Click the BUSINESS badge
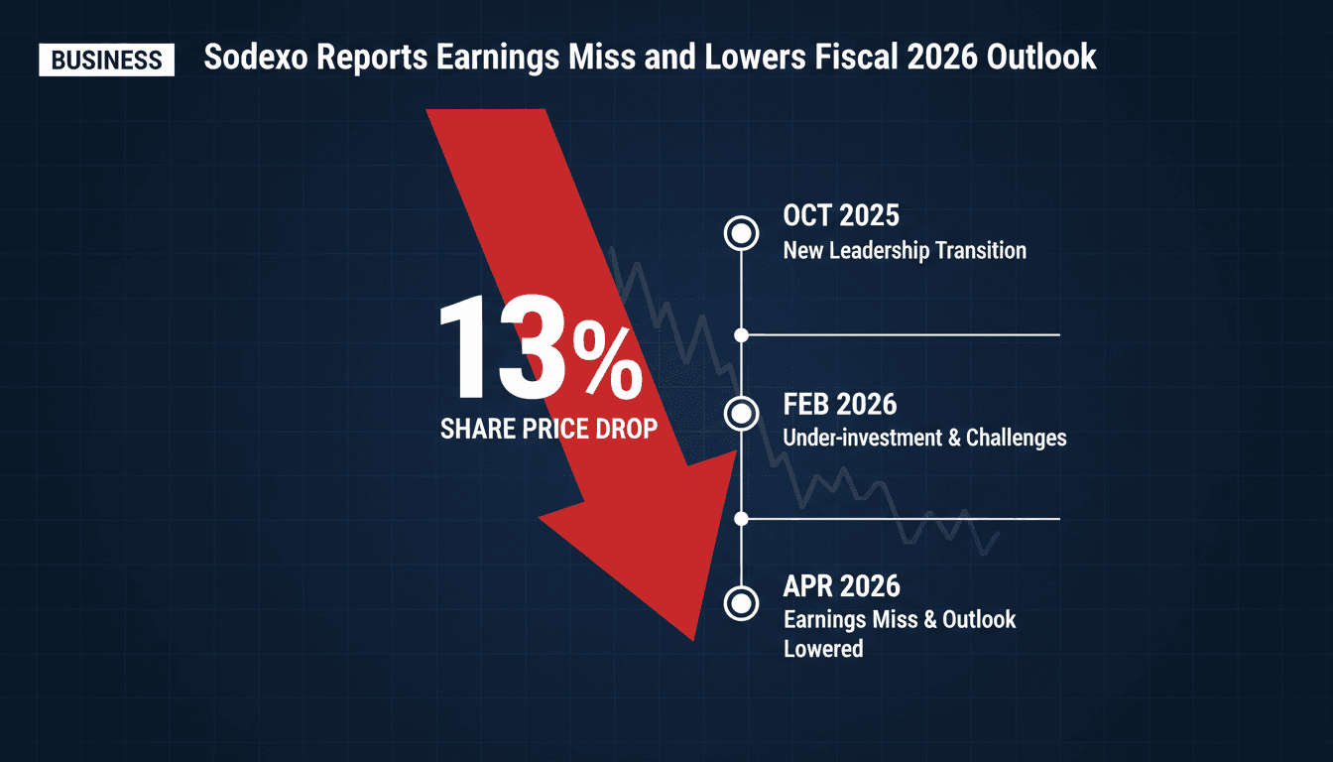(106, 60)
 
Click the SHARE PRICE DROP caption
(548, 430)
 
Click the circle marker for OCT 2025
(741, 234)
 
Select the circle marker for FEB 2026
(741, 413)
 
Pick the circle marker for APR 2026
(741, 602)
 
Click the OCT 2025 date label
(841, 216)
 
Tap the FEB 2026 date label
(839, 405)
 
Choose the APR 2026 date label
(840, 586)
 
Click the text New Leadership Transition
(905, 250)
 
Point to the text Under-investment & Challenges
(924, 437)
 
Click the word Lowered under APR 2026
(823, 649)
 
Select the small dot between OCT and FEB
(741, 335)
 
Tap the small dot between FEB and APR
(741, 518)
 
